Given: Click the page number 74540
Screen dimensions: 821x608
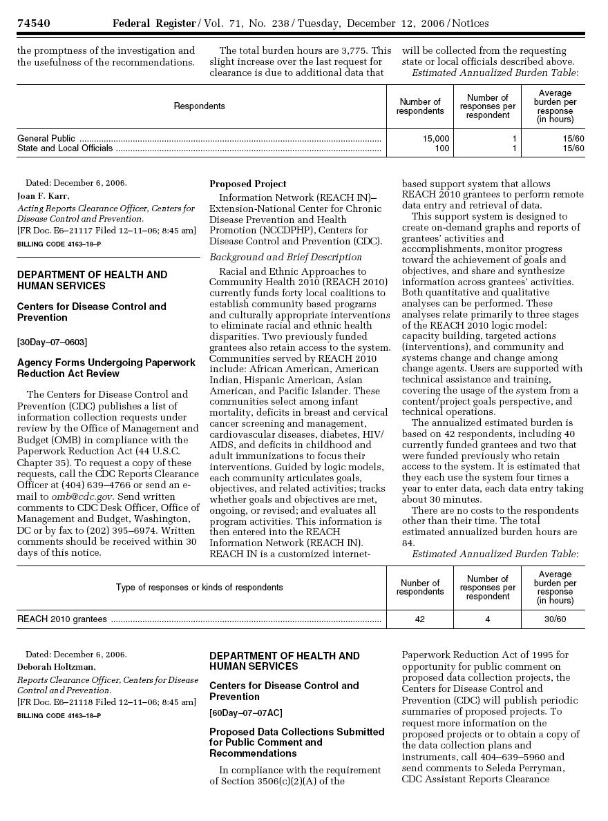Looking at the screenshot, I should [x=33, y=23].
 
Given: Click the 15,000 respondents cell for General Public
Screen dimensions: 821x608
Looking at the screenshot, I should [x=436, y=139].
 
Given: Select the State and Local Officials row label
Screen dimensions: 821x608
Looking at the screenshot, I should [x=65, y=148].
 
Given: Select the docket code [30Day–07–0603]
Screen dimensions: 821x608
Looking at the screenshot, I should [x=52, y=342].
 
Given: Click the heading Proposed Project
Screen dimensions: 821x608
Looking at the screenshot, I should [x=247, y=184].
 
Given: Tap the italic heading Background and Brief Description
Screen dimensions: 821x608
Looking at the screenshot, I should [x=285, y=257].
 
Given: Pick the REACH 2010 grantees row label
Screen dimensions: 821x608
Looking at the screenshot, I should [x=62, y=619].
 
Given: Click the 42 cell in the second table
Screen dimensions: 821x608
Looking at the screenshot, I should [x=420, y=619].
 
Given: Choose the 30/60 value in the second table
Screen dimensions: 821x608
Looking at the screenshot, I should [x=555, y=619].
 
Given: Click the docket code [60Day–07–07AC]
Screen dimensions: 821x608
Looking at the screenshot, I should [x=245, y=713].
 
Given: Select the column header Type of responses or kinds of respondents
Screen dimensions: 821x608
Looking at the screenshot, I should [x=199, y=588].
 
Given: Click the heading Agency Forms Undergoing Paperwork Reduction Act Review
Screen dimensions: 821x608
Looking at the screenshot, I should [x=106, y=368].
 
